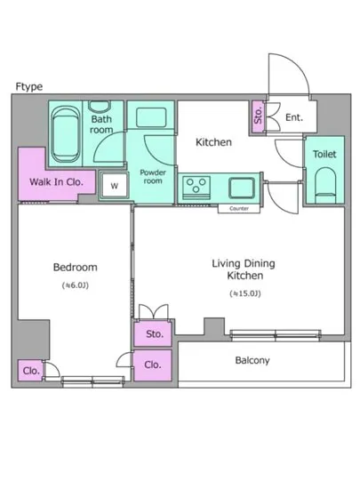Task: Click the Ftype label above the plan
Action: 29,86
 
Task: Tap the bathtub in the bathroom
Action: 66,134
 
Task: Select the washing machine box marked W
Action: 115,186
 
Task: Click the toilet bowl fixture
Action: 325,185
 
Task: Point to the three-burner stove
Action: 196,188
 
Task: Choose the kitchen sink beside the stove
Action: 242,188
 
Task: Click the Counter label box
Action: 239,209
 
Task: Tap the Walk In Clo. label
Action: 56,181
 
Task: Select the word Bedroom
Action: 76,268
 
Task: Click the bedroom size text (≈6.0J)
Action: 76,285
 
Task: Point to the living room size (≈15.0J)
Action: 245,293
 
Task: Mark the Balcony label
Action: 252,360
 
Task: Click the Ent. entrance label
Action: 294,117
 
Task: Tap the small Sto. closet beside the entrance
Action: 258,116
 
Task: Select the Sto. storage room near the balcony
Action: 153,334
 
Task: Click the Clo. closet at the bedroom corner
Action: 30,371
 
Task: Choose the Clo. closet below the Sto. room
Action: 153,365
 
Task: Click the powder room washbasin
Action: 151,117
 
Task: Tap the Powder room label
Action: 153,177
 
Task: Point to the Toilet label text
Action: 324,154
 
